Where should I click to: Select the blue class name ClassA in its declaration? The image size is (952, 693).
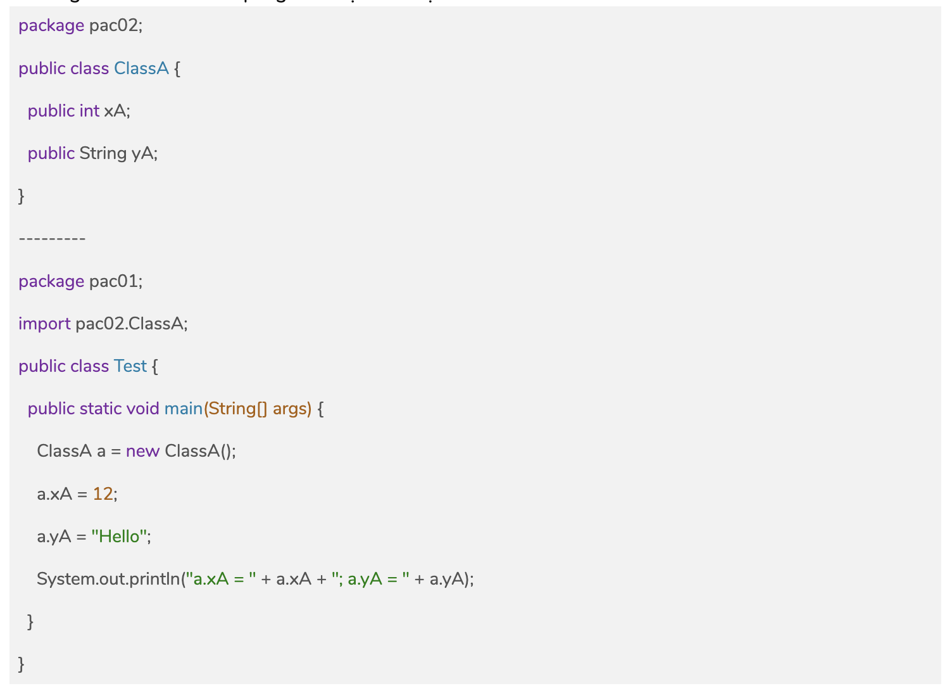[x=141, y=68]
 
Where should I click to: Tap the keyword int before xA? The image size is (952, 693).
[x=89, y=111]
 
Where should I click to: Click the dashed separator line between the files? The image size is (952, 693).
[x=52, y=239]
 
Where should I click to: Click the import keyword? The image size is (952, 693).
[x=44, y=324]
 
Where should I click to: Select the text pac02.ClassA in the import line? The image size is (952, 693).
[x=130, y=324]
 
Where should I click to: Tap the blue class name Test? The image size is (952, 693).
[x=130, y=366]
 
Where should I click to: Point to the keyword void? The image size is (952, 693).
[x=142, y=409]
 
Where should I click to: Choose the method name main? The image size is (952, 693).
[x=184, y=409]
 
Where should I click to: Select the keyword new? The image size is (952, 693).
[x=142, y=451]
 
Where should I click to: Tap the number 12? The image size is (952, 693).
[x=103, y=493]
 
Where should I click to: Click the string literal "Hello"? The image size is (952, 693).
[x=120, y=537]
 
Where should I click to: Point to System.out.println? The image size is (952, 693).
[x=108, y=579]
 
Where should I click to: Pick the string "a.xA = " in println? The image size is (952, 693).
[x=221, y=579]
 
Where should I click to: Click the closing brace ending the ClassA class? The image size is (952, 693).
[x=22, y=196]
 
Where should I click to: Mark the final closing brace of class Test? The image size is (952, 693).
[x=22, y=664]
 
